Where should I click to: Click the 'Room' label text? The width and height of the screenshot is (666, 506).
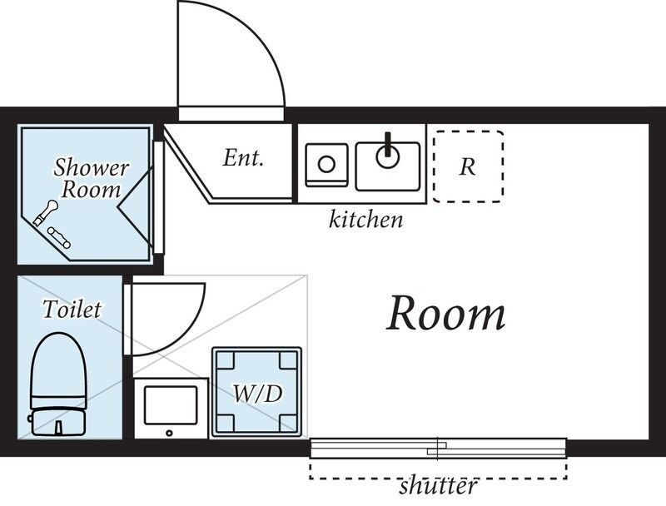[446, 313]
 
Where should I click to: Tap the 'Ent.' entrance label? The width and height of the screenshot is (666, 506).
[243, 158]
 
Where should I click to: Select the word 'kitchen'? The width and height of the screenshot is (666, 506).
[365, 220]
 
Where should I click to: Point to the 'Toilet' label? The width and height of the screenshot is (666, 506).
[72, 309]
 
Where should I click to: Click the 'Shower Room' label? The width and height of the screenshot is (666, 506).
[91, 178]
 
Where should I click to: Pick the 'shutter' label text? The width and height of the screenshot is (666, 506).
[439, 485]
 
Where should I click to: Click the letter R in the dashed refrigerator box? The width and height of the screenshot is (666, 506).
[467, 166]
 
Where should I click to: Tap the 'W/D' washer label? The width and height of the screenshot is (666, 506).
[257, 394]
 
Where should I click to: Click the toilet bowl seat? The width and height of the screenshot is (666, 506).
[58, 366]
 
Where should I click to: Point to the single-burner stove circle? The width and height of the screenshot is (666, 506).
[326, 164]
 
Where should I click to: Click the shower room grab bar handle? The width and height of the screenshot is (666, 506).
[59, 238]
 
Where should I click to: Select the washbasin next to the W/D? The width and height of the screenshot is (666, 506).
[171, 409]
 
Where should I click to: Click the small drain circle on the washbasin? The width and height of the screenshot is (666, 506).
[170, 433]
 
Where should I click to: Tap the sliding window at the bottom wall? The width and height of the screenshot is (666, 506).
[439, 449]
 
